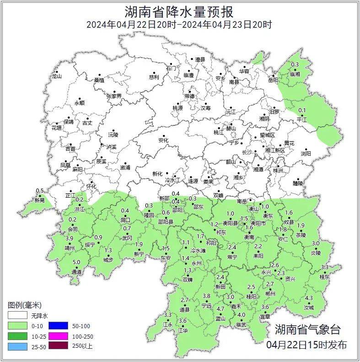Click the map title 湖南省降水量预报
pos(179,11)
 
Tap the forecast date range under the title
pos(179,25)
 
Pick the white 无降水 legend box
pos(16,316)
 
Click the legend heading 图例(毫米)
pos(25,305)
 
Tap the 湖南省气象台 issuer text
pos(307,329)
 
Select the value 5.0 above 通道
pos(77,262)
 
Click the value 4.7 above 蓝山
pos(220,309)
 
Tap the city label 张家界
pos(114,96)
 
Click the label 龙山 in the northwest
pos(56,77)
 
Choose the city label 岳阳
pos(273,81)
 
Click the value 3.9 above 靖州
pos(70,238)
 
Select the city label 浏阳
pos(306,154)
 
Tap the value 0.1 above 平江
pos(302,110)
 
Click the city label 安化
pos(163,140)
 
